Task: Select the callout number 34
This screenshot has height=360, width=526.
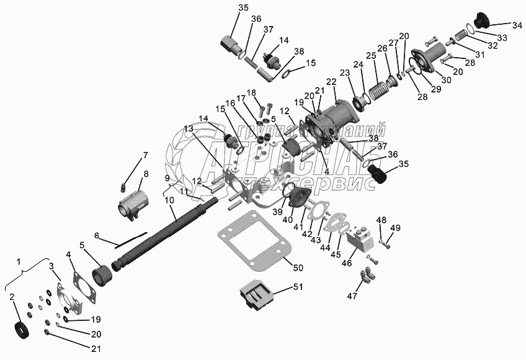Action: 517,25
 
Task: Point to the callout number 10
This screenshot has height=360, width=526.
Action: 169,200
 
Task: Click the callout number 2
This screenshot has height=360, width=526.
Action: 12,298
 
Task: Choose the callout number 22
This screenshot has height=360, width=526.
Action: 331,81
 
